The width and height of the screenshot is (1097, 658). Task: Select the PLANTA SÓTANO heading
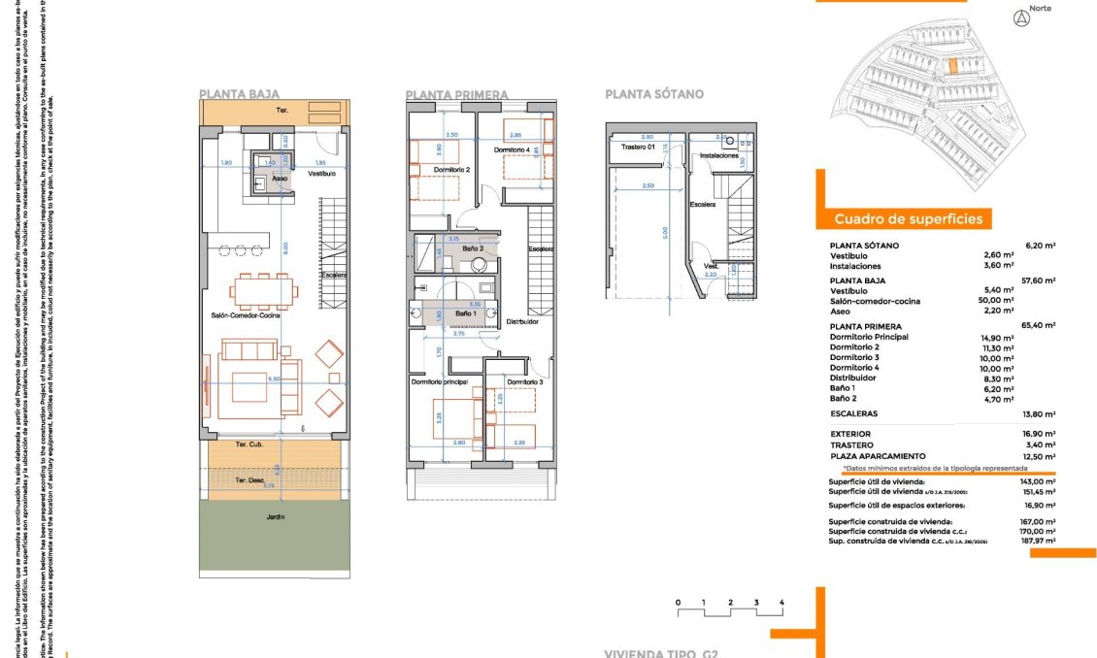pyautogui.click(x=653, y=95)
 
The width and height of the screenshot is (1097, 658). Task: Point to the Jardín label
pyautogui.click(x=276, y=517)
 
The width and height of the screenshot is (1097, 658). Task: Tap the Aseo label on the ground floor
pyautogui.click(x=280, y=179)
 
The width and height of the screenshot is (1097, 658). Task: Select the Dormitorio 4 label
pyautogui.click(x=512, y=150)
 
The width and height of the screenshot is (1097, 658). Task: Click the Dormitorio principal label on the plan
pyautogui.click(x=440, y=382)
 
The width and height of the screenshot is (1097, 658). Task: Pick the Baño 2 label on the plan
pyautogui.click(x=473, y=248)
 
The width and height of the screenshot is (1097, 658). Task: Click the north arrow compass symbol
pyautogui.click(x=1019, y=16)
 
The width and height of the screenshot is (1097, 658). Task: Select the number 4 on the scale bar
pyautogui.click(x=781, y=603)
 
